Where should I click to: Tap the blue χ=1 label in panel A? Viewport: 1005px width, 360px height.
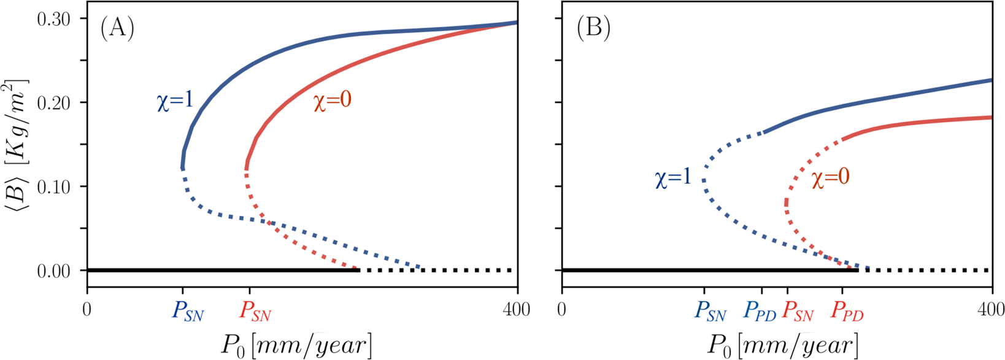(175, 101)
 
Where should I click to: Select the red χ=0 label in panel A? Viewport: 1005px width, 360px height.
(333, 101)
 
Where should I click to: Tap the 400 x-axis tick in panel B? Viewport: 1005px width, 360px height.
(992, 310)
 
